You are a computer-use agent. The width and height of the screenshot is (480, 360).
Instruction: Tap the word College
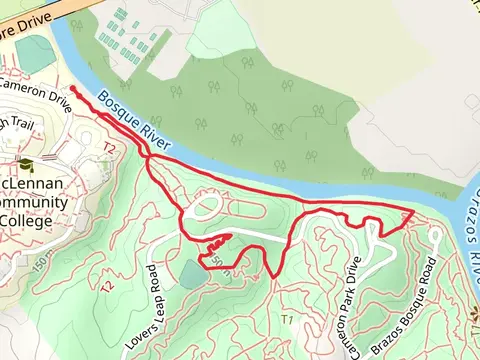click(32, 221)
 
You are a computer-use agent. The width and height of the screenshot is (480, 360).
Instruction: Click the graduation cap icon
click(25, 165)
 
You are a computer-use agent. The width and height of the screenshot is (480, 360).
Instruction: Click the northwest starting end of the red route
click(74, 89)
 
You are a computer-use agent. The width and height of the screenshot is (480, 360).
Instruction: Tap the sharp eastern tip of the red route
click(413, 213)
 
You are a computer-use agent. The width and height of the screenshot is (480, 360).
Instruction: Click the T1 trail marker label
click(287, 319)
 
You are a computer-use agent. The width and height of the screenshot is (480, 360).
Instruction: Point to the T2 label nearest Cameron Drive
click(110, 148)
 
